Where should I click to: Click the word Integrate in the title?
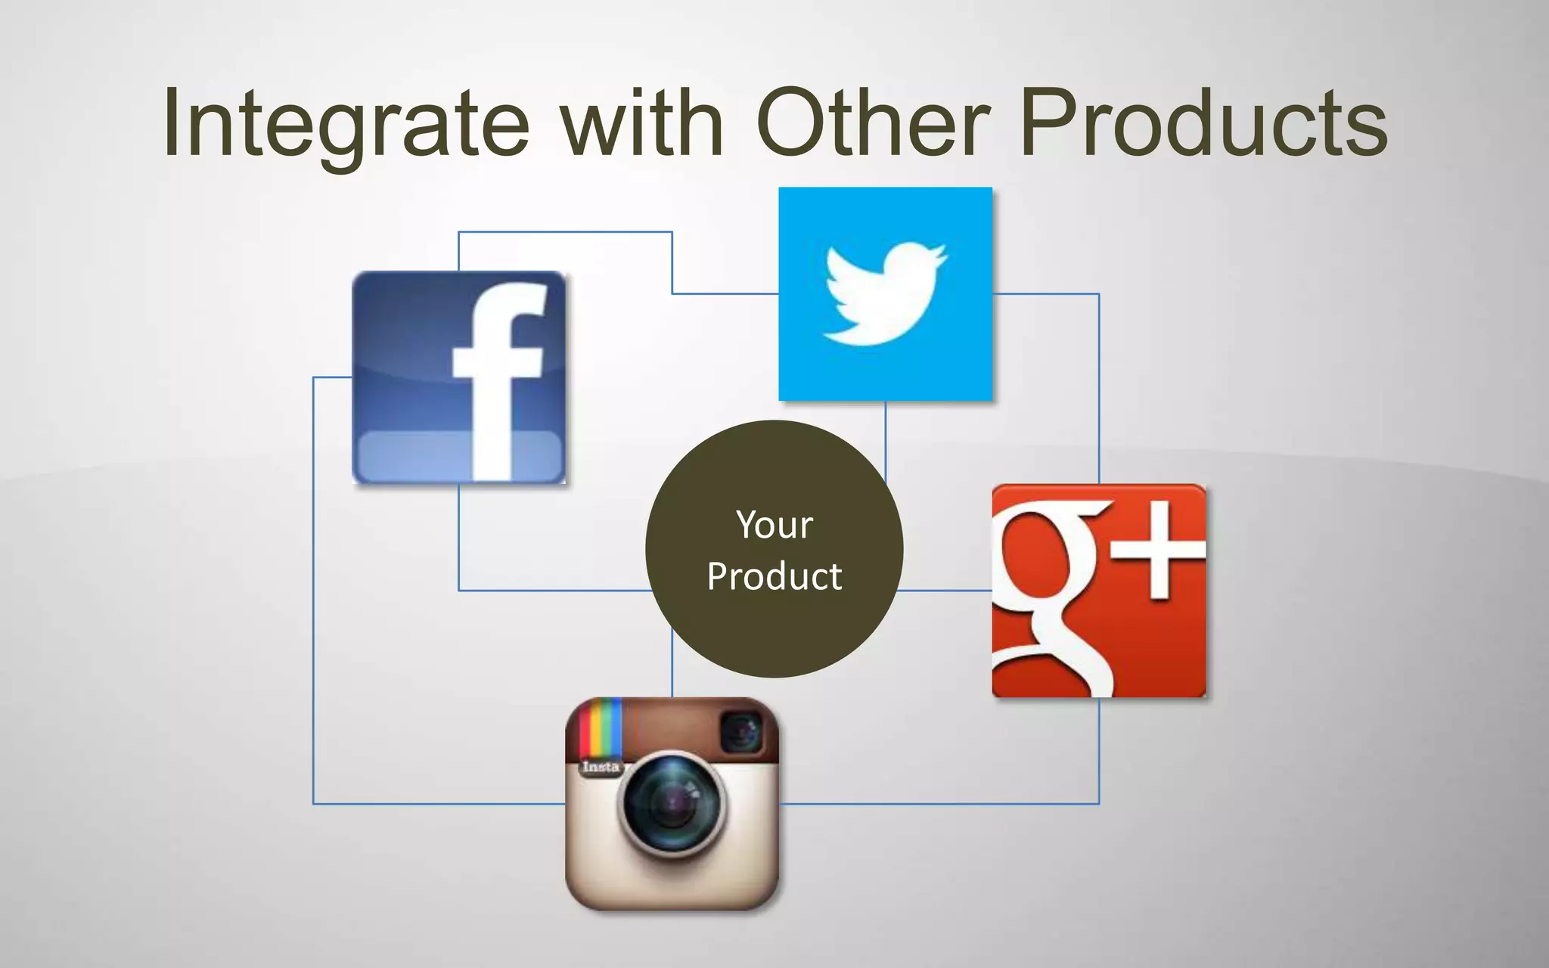click(x=346, y=125)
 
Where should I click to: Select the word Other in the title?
click(x=874, y=125)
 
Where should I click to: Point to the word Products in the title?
click(x=1203, y=125)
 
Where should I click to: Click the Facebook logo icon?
click(x=459, y=377)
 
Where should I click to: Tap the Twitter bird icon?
click(x=885, y=293)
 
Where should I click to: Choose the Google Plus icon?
click(x=1099, y=591)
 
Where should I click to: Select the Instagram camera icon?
click(x=672, y=803)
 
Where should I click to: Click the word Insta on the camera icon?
click(x=601, y=767)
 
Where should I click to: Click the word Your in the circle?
click(x=774, y=525)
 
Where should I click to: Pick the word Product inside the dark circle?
click(x=774, y=577)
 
